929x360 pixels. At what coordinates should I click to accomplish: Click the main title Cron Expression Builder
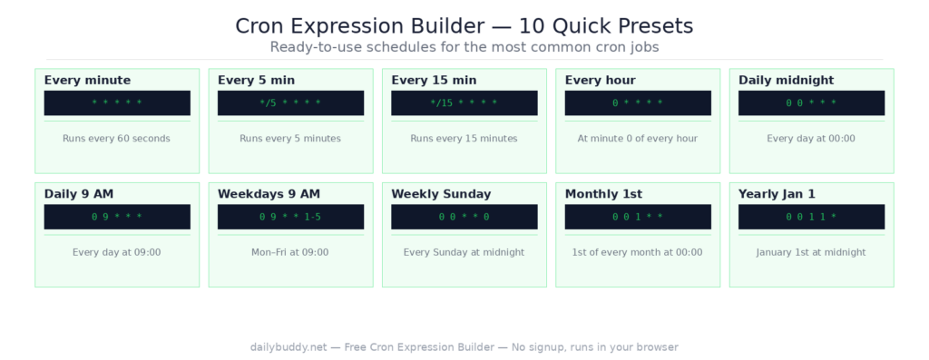[x=464, y=25]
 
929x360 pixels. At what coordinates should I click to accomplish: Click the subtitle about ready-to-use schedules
[x=464, y=46]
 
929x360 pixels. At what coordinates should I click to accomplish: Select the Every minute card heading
[x=87, y=81]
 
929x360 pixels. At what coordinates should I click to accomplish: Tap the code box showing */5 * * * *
[x=290, y=103]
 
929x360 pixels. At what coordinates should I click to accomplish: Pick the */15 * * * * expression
[x=464, y=103]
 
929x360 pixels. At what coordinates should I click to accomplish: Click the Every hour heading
[x=600, y=81]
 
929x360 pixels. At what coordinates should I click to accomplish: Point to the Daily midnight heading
[x=786, y=81]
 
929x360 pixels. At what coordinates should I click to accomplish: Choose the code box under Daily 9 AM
[x=117, y=218]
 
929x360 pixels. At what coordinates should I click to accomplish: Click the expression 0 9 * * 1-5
[x=290, y=218]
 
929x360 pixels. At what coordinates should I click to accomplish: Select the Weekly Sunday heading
[x=441, y=194]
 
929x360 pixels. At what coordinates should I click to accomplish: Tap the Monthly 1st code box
[x=638, y=218]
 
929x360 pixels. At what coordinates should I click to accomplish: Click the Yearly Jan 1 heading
[x=777, y=194]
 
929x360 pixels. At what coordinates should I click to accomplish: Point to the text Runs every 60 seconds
[x=116, y=139]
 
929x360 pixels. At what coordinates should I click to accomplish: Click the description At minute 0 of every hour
[x=638, y=139]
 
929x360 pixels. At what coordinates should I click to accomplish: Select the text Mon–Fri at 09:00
[x=290, y=252]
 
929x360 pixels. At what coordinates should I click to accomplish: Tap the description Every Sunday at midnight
[x=464, y=252]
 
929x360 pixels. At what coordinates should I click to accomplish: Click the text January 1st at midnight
[x=811, y=252]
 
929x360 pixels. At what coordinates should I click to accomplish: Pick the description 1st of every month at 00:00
[x=638, y=252]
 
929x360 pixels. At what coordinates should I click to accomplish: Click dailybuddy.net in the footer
[x=288, y=347]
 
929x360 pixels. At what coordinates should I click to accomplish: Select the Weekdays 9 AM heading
[x=269, y=194]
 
